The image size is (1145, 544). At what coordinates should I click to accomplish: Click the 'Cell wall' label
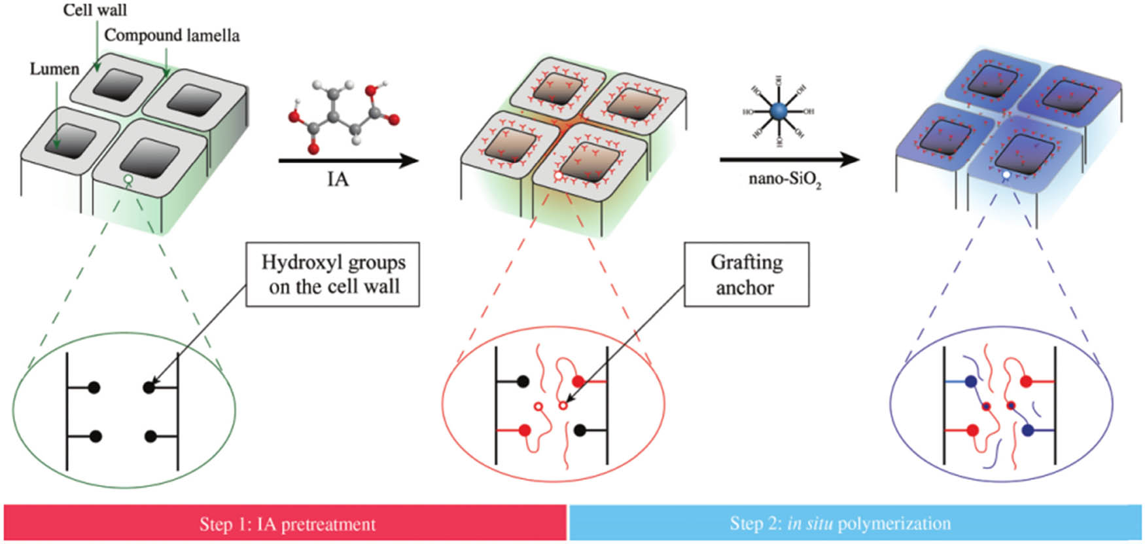click(95, 10)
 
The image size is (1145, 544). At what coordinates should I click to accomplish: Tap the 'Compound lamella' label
click(172, 35)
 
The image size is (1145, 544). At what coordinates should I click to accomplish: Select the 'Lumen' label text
click(54, 69)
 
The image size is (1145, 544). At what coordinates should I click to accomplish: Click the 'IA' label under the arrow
click(338, 179)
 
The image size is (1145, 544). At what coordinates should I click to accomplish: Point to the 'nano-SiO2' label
click(784, 179)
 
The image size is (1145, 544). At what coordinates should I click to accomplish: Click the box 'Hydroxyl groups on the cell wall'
click(332, 275)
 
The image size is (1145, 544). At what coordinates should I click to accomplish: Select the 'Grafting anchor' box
click(746, 275)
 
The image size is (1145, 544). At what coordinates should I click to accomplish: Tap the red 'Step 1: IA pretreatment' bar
click(287, 523)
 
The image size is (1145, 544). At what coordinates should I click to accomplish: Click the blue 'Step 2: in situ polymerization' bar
click(854, 523)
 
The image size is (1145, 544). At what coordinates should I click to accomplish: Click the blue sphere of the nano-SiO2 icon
click(779, 112)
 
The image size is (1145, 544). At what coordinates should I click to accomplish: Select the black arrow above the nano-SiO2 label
click(789, 159)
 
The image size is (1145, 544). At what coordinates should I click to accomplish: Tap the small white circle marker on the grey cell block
click(129, 179)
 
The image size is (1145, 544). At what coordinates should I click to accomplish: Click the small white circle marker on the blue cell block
click(1006, 175)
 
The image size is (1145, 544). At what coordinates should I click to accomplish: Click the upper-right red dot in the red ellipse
click(578, 382)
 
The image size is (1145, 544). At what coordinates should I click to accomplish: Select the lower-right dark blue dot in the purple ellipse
click(1027, 431)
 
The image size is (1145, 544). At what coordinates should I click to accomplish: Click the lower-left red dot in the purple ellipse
click(972, 431)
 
